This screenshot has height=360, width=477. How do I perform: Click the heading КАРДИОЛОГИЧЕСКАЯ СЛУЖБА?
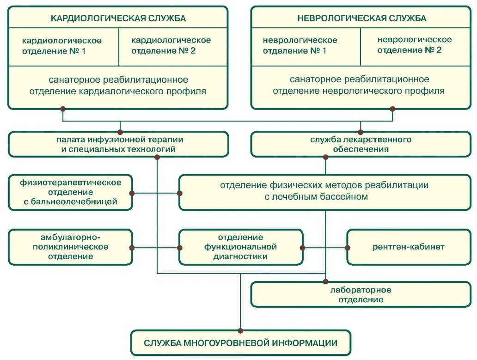pyautogui.click(x=118, y=18)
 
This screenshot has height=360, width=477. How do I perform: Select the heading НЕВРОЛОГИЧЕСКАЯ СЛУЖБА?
pyautogui.click(x=362, y=18)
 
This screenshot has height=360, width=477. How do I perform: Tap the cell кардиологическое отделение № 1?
pyautogui.click(x=62, y=46)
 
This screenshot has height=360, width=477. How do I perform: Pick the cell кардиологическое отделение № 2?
pyautogui.click(x=171, y=45)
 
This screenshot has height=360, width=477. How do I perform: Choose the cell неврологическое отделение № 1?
pyautogui.click(x=300, y=46)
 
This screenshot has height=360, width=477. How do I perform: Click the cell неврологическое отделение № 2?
pyautogui.click(x=414, y=45)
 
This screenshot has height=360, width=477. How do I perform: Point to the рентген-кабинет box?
pyautogui.click(x=409, y=247)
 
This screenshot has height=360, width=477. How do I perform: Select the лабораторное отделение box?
pyautogui.click(x=361, y=295)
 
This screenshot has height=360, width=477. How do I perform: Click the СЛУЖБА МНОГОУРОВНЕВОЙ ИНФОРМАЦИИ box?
pyautogui.click(x=240, y=343)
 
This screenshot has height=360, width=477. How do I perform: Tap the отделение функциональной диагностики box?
pyautogui.click(x=240, y=247)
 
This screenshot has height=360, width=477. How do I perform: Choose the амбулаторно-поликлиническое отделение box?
pyautogui.click(x=71, y=247)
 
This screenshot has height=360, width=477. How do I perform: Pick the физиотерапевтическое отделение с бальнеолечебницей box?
pyautogui.click(x=71, y=192)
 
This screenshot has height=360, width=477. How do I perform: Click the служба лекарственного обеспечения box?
pyautogui.click(x=361, y=144)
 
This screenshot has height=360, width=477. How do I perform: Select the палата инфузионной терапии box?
pyautogui.click(x=118, y=144)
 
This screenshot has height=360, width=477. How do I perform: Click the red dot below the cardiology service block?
pyautogui.click(x=63, y=109)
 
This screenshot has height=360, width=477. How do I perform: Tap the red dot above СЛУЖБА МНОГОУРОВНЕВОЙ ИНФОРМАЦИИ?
pyautogui.click(x=240, y=330)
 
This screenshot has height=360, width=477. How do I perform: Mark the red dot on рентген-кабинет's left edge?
pyautogui.click(x=348, y=248)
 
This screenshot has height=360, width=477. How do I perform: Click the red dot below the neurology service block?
pyautogui.click(x=392, y=109)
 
